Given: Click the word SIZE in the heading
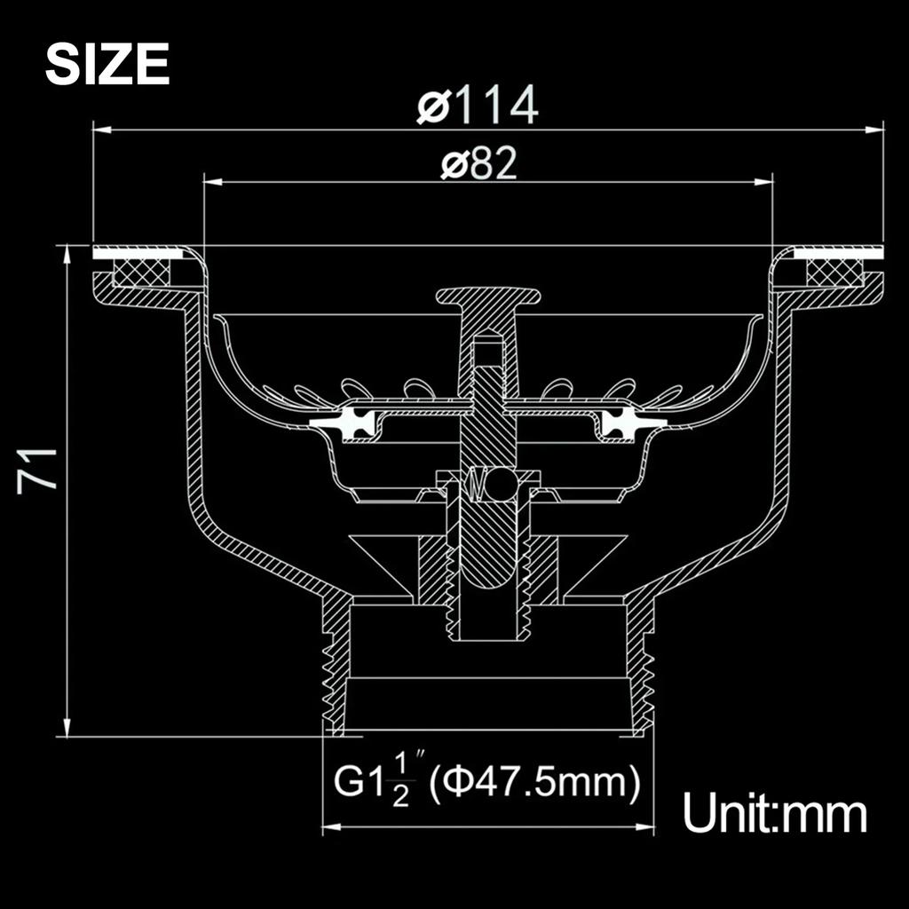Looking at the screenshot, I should click(x=107, y=65).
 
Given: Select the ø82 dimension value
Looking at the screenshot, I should click(x=478, y=165).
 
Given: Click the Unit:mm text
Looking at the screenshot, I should click(x=774, y=812).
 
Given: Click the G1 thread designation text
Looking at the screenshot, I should click(x=356, y=783).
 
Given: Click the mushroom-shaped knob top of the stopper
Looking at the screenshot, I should click(x=486, y=296).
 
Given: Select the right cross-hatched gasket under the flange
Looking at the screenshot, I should click(x=834, y=272).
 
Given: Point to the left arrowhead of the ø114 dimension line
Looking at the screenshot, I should click(x=101, y=130).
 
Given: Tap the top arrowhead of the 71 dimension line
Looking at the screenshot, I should click(x=68, y=254).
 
